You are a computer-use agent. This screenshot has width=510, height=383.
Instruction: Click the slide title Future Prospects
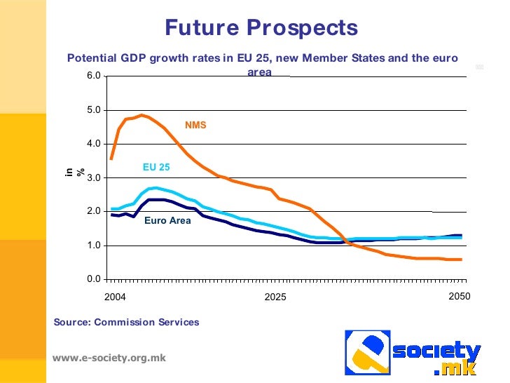[261, 27]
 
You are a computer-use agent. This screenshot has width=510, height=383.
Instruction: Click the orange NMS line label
[195, 126]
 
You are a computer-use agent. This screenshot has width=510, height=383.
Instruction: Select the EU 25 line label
[156, 168]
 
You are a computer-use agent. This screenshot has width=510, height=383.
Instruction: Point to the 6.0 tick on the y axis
[93, 76]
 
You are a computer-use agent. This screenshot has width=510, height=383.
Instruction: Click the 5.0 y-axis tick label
[93, 110]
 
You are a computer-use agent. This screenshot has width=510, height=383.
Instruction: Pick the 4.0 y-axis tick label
[93, 144]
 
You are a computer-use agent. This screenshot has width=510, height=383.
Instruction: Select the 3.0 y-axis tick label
[93, 178]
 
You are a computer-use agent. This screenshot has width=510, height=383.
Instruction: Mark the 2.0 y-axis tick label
[93, 212]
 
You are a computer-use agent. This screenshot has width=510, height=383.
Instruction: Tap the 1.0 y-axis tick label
[93, 246]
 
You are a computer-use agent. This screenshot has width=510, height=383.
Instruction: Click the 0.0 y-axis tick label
[93, 279]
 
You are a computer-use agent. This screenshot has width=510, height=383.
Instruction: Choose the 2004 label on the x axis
[115, 297]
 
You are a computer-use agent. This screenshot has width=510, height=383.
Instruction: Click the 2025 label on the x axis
[275, 297]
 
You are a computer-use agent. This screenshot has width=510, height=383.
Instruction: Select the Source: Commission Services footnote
[126, 323]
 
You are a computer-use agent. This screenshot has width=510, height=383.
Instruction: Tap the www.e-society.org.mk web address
[109, 358]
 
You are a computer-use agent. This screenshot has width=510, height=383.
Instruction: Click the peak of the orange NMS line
[142, 115]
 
